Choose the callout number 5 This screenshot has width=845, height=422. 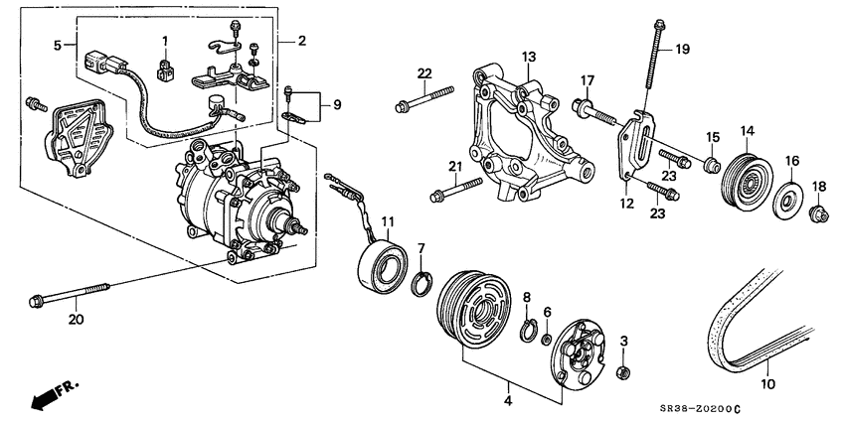tap(57, 45)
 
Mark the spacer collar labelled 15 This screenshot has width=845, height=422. tap(711, 163)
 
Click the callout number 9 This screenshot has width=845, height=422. tap(336, 104)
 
